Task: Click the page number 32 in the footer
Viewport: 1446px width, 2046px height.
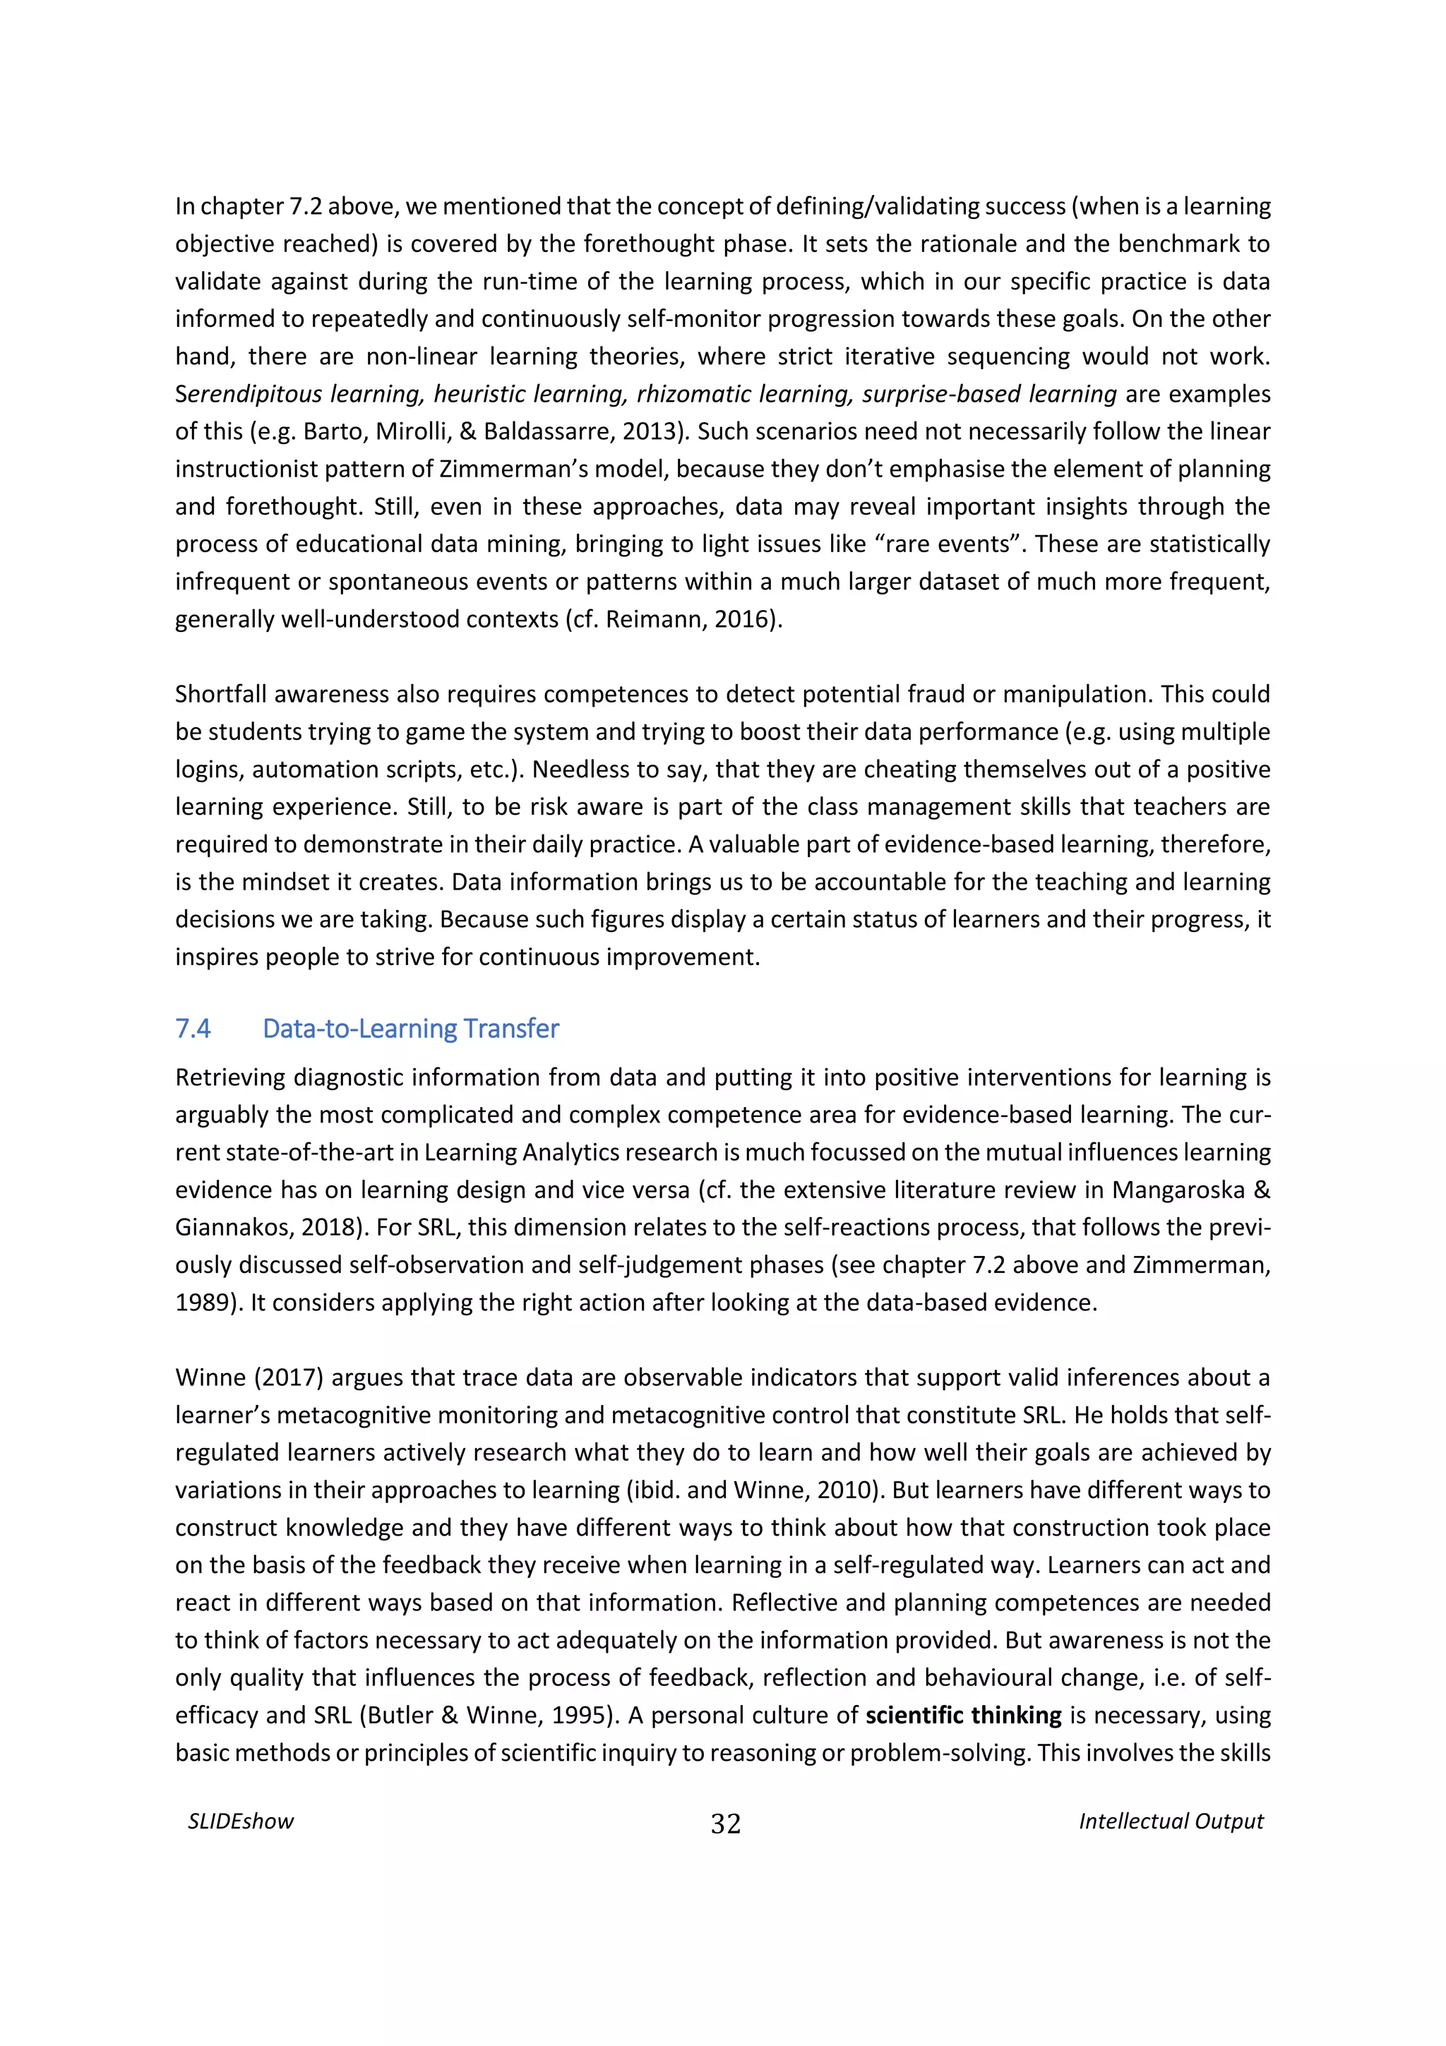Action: coord(725,1824)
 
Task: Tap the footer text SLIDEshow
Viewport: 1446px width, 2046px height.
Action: coord(241,1821)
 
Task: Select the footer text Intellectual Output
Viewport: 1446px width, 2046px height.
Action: coord(1171,1821)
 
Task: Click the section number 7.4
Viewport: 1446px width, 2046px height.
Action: coord(193,1029)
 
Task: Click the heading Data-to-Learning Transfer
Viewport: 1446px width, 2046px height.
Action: coord(411,1029)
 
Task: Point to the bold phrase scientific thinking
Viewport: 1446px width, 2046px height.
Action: coord(963,1716)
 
